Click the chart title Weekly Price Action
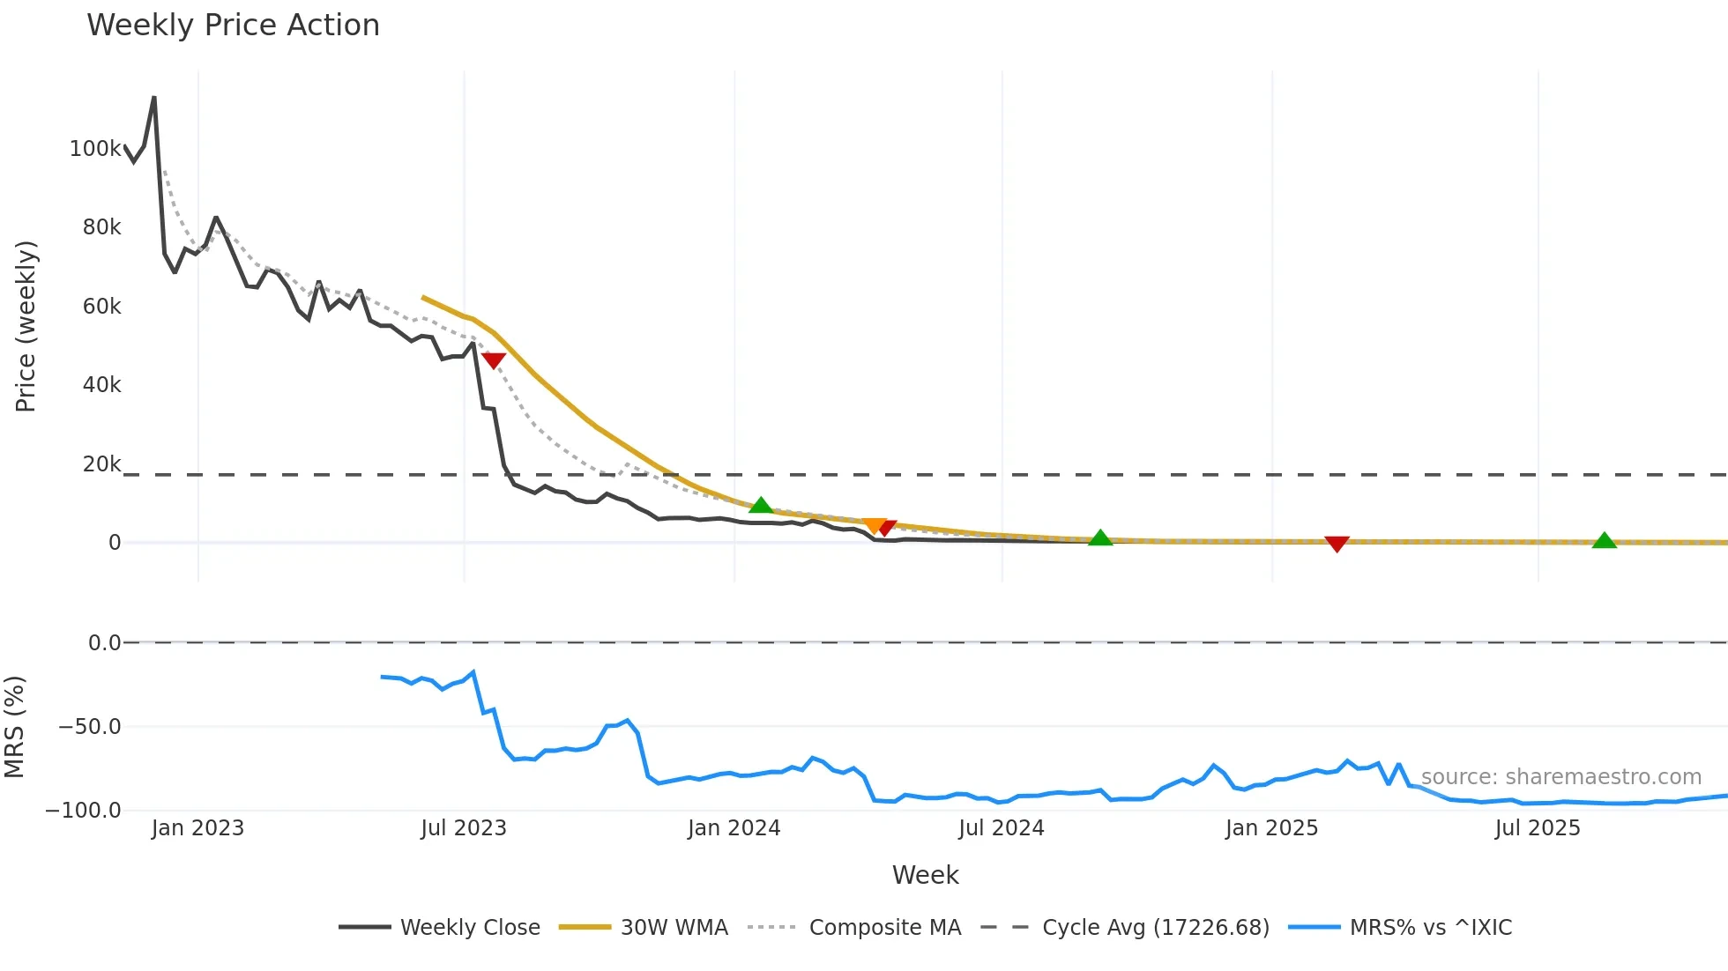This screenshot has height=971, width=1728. point(233,26)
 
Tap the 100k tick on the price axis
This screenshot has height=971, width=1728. point(95,149)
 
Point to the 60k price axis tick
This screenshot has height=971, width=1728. point(101,307)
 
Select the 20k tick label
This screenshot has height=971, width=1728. point(101,464)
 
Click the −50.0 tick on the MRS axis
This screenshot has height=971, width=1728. point(89,727)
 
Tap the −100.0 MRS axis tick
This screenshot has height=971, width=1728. point(83,811)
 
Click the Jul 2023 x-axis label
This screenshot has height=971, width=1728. point(464,828)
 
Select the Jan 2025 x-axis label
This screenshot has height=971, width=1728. point(1271,828)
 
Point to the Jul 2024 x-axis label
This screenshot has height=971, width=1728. point(1001,828)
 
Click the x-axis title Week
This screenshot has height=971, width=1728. point(925,875)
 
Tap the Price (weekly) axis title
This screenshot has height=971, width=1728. point(26,326)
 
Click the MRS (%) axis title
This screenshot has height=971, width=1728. point(14,727)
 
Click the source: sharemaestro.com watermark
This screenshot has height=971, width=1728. point(1560,777)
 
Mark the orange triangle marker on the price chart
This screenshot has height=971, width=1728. point(873,525)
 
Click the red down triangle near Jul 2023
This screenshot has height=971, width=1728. point(494,360)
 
